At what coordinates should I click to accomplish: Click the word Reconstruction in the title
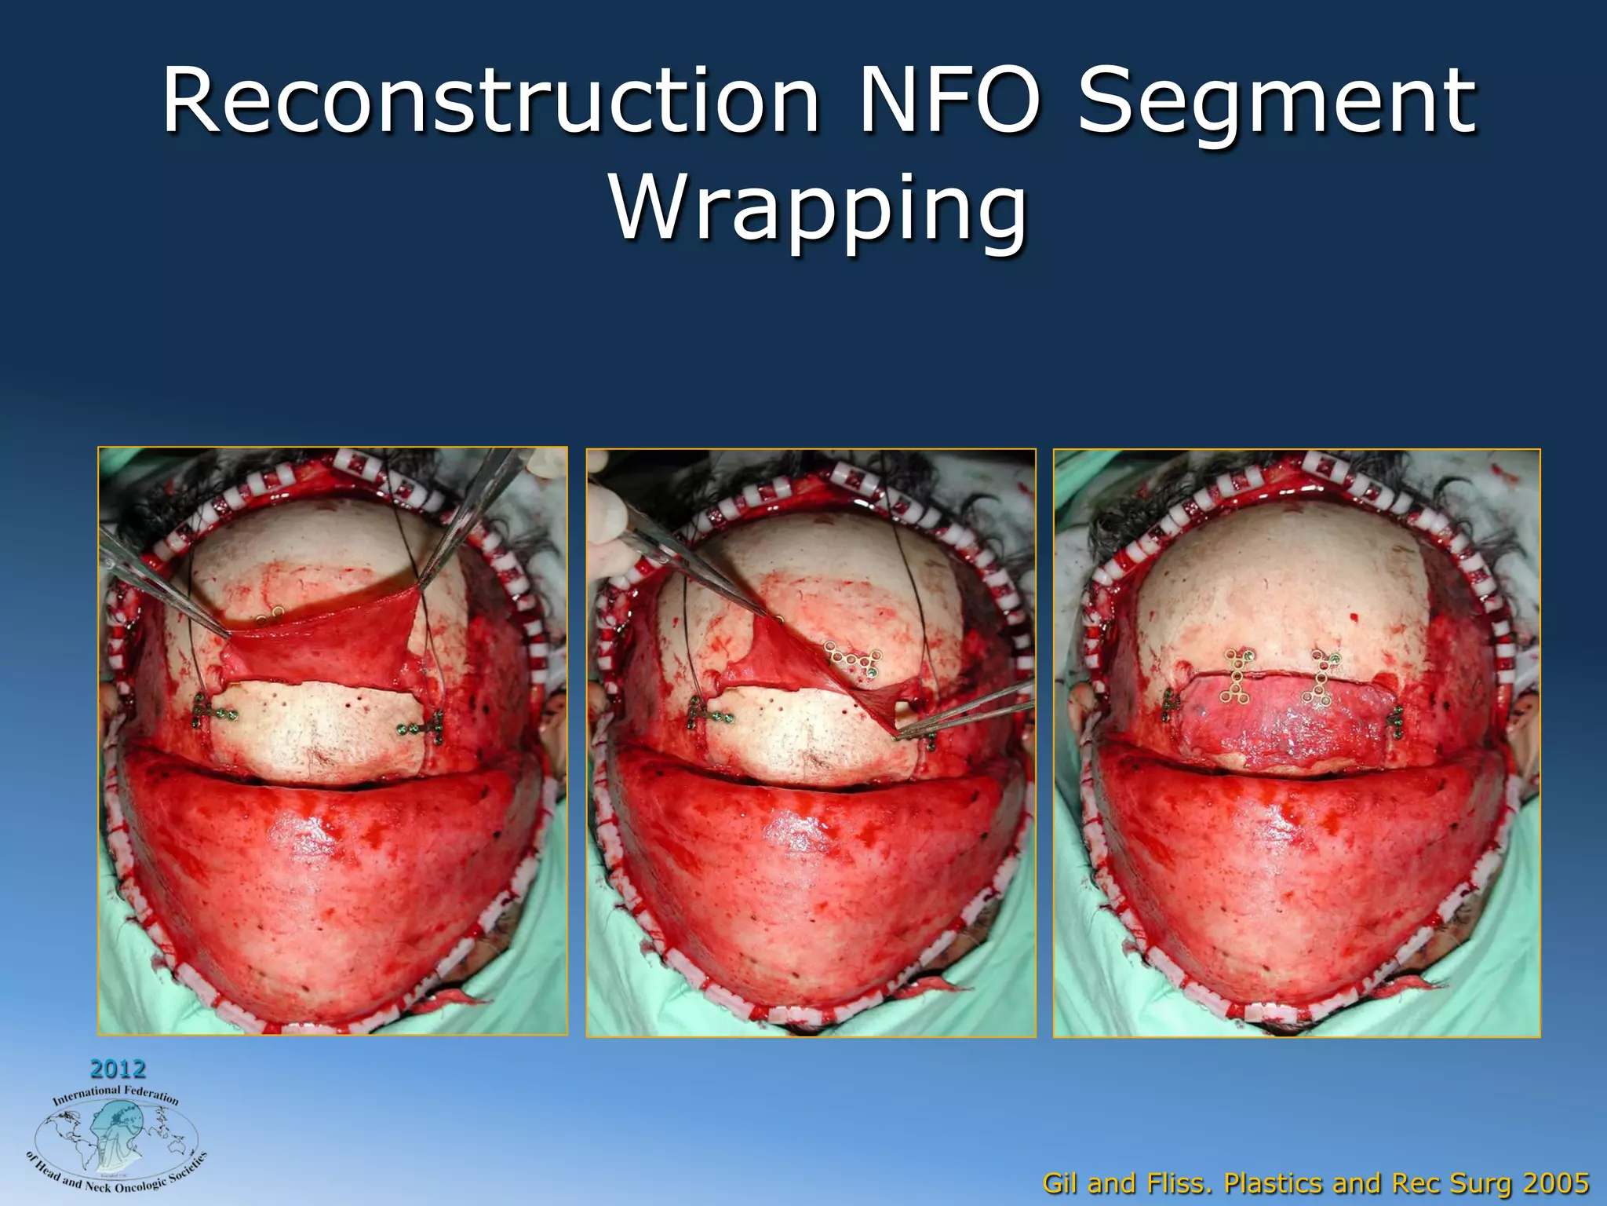coord(491,102)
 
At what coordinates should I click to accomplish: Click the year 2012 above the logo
coord(118,1069)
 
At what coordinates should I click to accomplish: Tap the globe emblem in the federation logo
coord(116,1138)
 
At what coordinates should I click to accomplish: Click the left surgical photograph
coord(332,740)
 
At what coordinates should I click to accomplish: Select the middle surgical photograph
coord(811,742)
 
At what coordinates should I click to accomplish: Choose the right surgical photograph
coord(1296,742)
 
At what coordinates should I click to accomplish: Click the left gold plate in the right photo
coord(1236,676)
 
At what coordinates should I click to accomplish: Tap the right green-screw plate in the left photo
coord(424,728)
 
